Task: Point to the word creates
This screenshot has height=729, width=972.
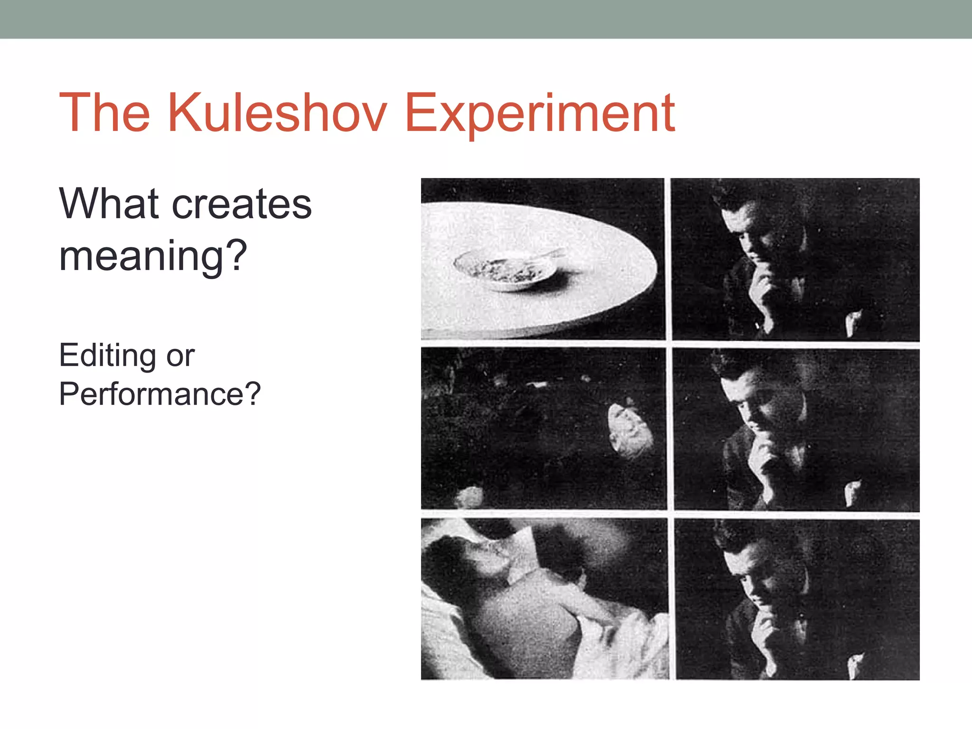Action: (242, 205)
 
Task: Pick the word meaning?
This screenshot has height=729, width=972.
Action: (153, 257)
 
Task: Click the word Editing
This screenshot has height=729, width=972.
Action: (107, 356)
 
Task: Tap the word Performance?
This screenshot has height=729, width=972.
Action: (159, 394)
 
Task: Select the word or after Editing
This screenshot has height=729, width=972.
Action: (180, 356)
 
